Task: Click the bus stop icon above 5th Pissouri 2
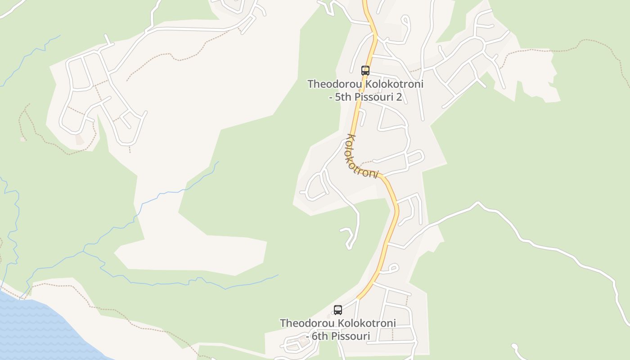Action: [365, 71]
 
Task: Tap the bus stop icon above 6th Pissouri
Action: [337, 310]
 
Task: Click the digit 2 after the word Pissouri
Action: [398, 97]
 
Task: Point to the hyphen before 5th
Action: [331, 97]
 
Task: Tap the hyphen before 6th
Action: [308, 336]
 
